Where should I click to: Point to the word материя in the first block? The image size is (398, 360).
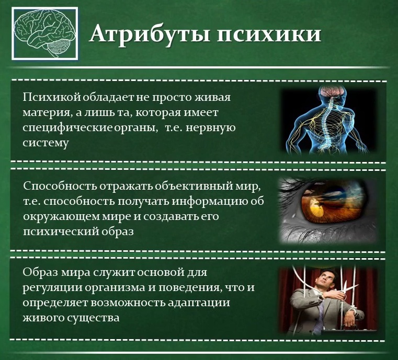click(x=46, y=112)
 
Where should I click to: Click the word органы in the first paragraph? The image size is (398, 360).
click(x=137, y=127)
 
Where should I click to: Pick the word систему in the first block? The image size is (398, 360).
click(x=46, y=142)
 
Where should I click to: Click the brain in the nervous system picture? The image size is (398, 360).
click(x=332, y=94)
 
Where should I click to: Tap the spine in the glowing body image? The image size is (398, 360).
click(x=328, y=123)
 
